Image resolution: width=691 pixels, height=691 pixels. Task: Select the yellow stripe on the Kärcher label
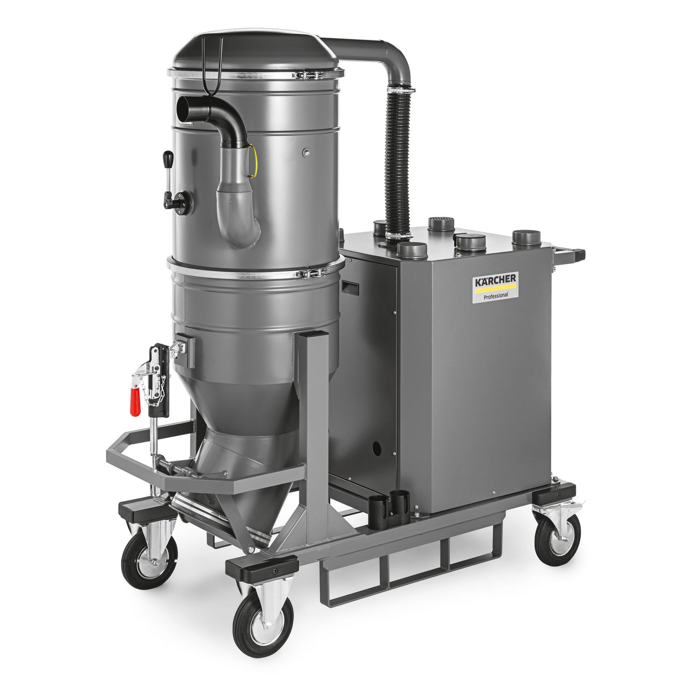(495, 288)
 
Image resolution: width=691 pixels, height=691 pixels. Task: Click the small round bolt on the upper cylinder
(306, 151)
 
